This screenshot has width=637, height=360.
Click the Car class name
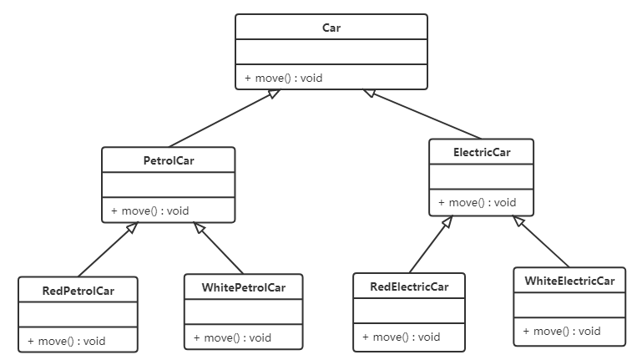coord(331,28)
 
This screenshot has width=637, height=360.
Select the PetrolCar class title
coord(169,160)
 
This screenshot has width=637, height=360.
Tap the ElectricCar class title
coord(482,152)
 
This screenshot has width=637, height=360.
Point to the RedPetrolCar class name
coord(78,291)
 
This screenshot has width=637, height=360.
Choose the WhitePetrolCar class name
coord(244,287)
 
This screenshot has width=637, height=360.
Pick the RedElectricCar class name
coord(409,286)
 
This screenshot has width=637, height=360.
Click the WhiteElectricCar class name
coord(569,281)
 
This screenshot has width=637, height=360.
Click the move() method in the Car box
coord(284,78)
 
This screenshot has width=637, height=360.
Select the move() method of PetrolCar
coord(150,210)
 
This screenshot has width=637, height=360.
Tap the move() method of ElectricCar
coord(478,203)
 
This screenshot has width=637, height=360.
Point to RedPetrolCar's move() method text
coord(67,342)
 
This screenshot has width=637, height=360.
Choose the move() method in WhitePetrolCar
coord(232,338)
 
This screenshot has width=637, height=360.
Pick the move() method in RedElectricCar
coord(402,337)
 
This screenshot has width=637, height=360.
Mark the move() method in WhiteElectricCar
coord(562,332)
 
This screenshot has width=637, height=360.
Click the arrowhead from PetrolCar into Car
coord(274,94)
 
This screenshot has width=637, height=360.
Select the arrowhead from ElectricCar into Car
coord(369,93)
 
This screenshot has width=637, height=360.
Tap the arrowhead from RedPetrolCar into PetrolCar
coord(132,227)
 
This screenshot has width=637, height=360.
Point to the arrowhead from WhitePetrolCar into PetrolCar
coord(199,227)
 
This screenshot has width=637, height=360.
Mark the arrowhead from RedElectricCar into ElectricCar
coord(447,222)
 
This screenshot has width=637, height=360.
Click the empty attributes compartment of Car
coord(331,52)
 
